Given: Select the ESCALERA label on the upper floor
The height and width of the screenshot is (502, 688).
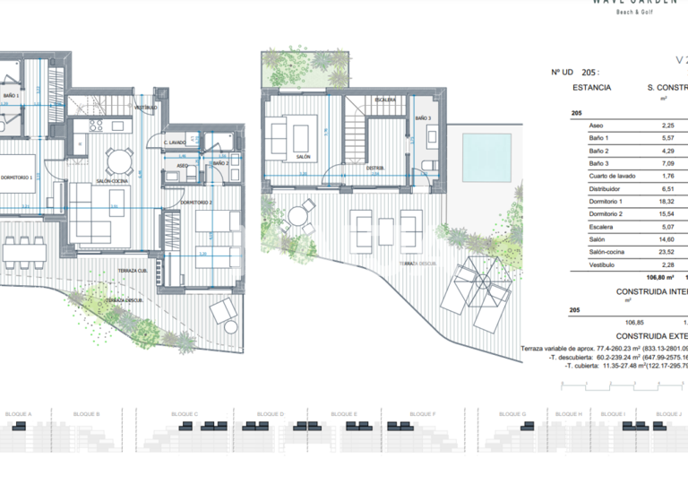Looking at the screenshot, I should (x=386, y=100).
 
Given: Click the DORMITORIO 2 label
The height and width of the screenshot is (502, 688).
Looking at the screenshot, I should (x=196, y=203).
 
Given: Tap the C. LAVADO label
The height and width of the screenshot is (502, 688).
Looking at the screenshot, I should (x=175, y=143).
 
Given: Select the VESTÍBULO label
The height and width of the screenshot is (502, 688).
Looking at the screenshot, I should (x=146, y=108).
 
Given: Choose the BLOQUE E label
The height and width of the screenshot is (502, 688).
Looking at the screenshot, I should (x=344, y=414).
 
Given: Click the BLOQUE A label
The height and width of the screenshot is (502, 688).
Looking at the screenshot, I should (x=19, y=414).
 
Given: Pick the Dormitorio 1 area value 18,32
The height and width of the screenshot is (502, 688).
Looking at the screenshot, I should (x=666, y=203).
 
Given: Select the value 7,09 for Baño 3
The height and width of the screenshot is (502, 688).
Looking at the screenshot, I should (x=666, y=164).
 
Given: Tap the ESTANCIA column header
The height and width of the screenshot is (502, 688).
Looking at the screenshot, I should (x=591, y=88).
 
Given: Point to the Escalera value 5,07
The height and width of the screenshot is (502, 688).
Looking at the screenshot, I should (x=666, y=228).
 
